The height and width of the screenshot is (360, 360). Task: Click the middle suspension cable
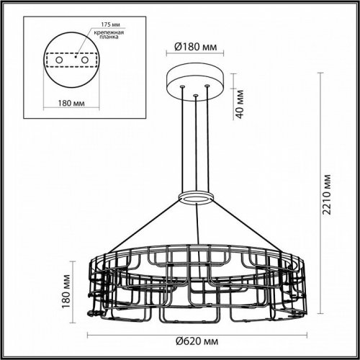(194, 144)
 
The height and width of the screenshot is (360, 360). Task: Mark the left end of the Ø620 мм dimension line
(88, 336)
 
